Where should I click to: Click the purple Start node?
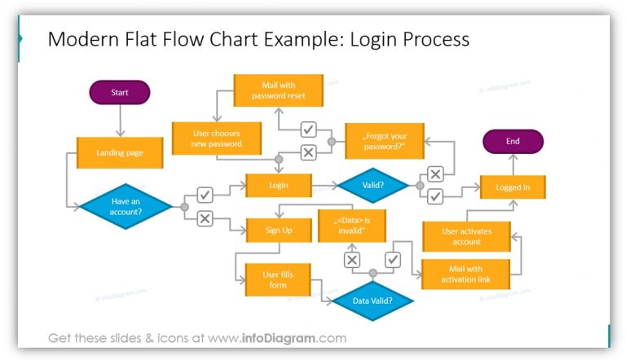[x=120, y=93]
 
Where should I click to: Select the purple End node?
[x=513, y=142]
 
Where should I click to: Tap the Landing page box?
[x=120, y=153]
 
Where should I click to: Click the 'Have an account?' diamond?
[x=126, y=207]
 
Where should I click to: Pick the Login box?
[x=279, y=186]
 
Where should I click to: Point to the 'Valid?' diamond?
[x=373, y=186]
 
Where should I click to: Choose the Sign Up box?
[x=279, y=230]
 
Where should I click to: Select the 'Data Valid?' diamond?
[x=373, y=301]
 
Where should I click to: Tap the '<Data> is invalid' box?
[x=352, y=226]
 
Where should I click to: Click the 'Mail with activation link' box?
[x=466, y=274]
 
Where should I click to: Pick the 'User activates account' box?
[x=466, y=236]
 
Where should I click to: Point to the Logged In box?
[x=513, y=187]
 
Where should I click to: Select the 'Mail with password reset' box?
[x=278, y=90]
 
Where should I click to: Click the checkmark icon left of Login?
[x=205, y=195]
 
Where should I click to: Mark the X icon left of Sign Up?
[x=205, y=218]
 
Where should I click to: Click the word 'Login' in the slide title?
[x=371, y=39]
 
